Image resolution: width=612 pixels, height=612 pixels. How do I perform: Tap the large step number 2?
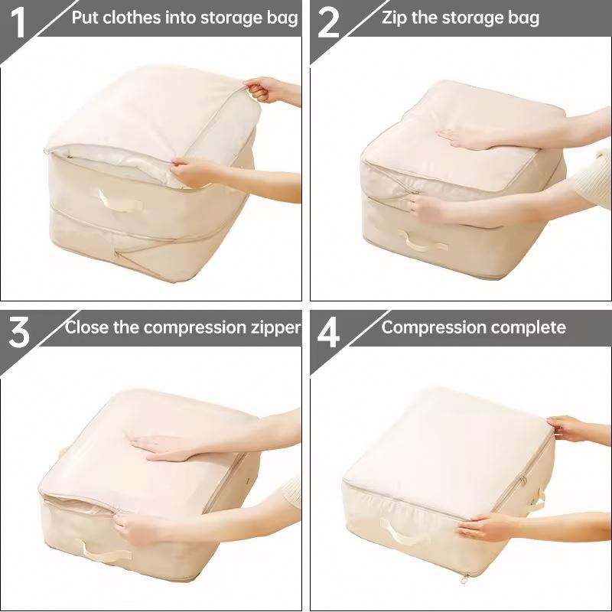point(328,24)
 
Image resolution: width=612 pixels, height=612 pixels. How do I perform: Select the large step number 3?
point(18,333)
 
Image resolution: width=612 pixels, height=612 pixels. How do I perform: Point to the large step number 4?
point(328,333)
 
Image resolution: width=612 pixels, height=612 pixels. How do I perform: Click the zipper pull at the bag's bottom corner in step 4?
point(464,578)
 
